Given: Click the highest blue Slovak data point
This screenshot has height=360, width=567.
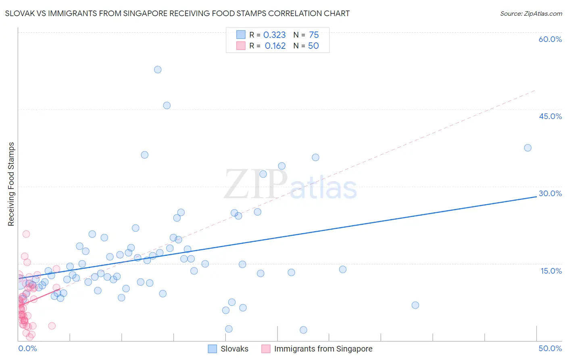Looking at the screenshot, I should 158,69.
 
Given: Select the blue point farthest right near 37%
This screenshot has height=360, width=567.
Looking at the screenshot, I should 527,148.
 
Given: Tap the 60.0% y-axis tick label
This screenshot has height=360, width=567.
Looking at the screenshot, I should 550,39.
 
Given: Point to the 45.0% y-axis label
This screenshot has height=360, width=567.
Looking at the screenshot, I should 550,116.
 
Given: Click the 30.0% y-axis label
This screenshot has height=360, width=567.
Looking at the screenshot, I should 550,193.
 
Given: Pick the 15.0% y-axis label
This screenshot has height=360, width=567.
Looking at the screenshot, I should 551,271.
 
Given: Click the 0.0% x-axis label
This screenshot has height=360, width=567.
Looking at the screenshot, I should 27,348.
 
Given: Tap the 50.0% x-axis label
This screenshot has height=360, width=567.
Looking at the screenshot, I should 550,348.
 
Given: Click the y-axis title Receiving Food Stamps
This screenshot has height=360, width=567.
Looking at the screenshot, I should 11,184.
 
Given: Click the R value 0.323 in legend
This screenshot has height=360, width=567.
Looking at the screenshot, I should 274,35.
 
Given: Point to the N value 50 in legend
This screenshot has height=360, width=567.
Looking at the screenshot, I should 313,46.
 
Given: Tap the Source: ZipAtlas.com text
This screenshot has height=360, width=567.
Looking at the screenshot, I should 531,14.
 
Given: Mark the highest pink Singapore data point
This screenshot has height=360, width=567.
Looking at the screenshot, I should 26,234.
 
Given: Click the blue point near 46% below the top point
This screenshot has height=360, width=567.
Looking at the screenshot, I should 167,105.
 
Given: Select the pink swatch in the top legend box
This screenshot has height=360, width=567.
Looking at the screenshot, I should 241,46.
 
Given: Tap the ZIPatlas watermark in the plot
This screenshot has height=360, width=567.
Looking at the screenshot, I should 290,185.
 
